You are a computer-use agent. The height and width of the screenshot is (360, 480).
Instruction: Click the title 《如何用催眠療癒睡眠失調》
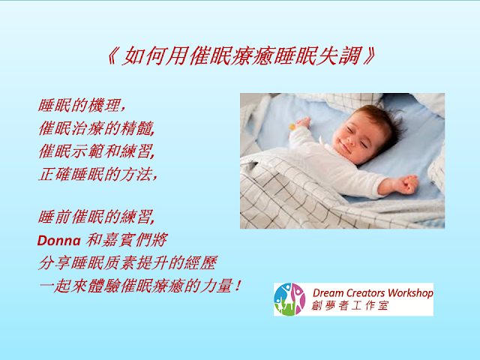(x=241, y=55)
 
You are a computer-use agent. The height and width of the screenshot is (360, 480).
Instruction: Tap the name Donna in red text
(x=58, y=241)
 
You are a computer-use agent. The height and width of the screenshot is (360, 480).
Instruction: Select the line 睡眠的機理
(x=82, y=105)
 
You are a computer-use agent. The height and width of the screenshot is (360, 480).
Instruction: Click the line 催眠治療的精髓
(x=97, y=128)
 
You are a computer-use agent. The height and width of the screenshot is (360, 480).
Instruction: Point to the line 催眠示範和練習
(x=97, y=151)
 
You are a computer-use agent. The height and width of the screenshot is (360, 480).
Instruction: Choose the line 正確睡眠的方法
(x=97, y=174)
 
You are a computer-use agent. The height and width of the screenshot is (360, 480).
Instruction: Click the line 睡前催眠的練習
(x=97, y=217)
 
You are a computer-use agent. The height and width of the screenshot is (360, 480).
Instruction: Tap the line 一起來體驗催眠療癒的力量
(x=140, y=286)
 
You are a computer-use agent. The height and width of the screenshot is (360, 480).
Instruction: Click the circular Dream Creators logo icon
(x=289, y=299)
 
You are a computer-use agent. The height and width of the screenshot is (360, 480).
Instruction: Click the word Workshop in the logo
(x=410, y=293)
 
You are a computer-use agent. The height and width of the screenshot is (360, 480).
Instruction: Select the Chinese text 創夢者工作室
(x=350, y=305)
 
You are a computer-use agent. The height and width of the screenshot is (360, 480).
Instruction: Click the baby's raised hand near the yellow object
(x=302, y=123)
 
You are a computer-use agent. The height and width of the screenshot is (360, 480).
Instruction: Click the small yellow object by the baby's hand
(x=292, y=126)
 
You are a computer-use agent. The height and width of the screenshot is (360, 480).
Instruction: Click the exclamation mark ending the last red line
(x=238, y=286)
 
